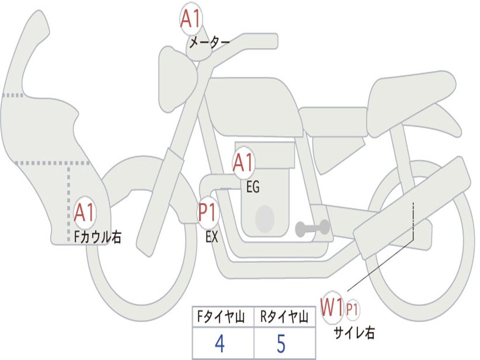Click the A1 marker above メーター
191,20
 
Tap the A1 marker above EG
243,164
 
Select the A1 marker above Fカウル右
85,213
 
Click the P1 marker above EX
207,212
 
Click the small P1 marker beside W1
352,309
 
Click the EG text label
253,187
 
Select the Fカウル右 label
98,237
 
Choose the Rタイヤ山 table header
284,317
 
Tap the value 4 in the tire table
219,344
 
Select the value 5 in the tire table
281,344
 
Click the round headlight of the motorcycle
177,78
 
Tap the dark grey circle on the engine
264,218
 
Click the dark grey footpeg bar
311,229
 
